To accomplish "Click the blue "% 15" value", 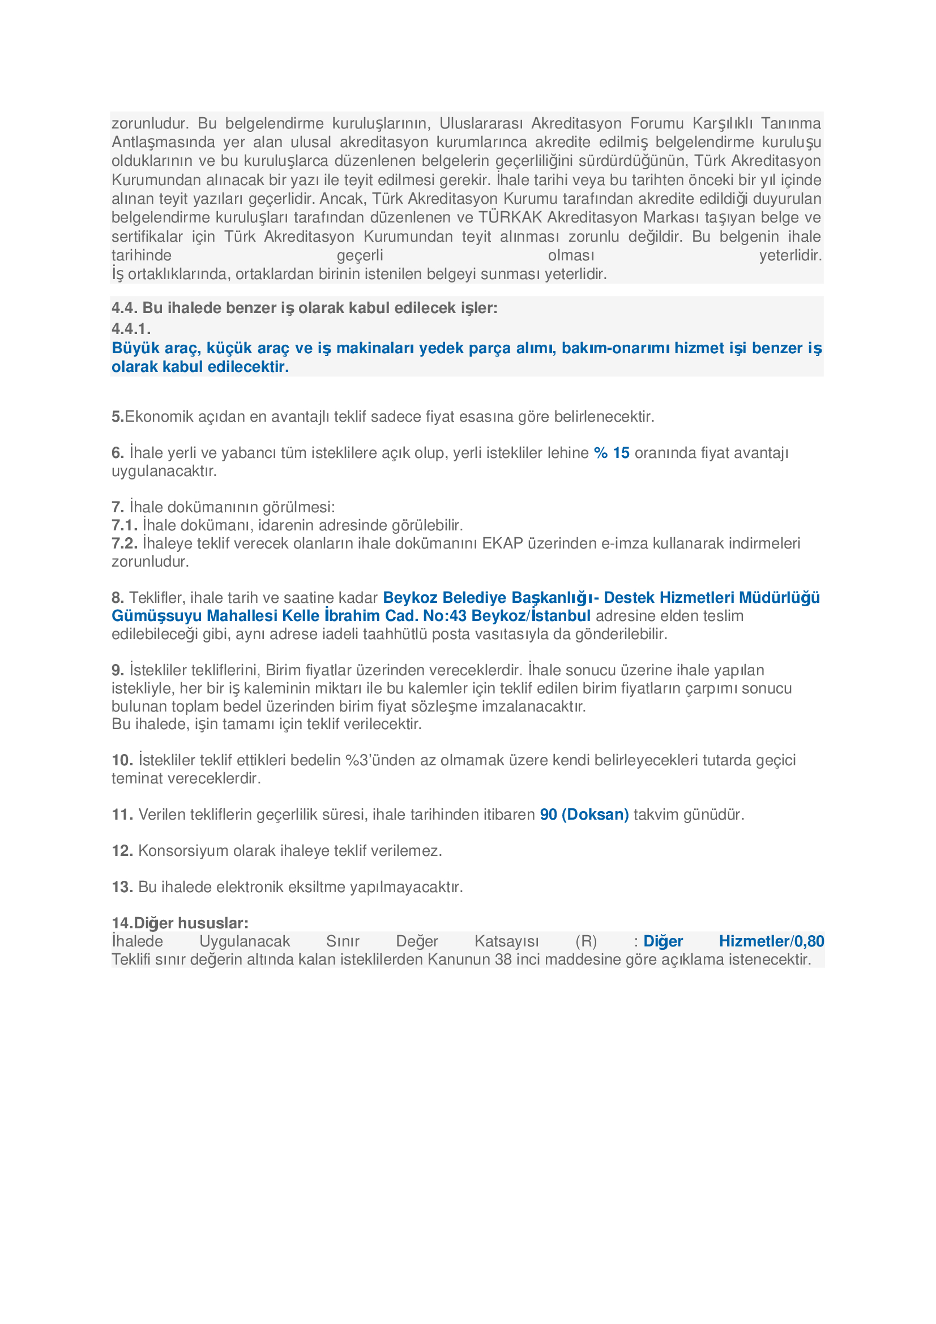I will (x=612, y=453).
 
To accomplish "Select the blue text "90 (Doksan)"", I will (x=584, y=814).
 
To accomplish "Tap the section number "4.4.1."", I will (x=131, y=329).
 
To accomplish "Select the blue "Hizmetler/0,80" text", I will (x=771, y=941).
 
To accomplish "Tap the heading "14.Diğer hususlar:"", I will (x=180, y=923).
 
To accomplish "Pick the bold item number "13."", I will (x=122, y=887).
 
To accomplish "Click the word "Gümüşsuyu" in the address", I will (x=157, y=616).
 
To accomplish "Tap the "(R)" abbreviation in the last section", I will (x=586, y=941).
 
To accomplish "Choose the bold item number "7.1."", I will (x=125, y=525).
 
